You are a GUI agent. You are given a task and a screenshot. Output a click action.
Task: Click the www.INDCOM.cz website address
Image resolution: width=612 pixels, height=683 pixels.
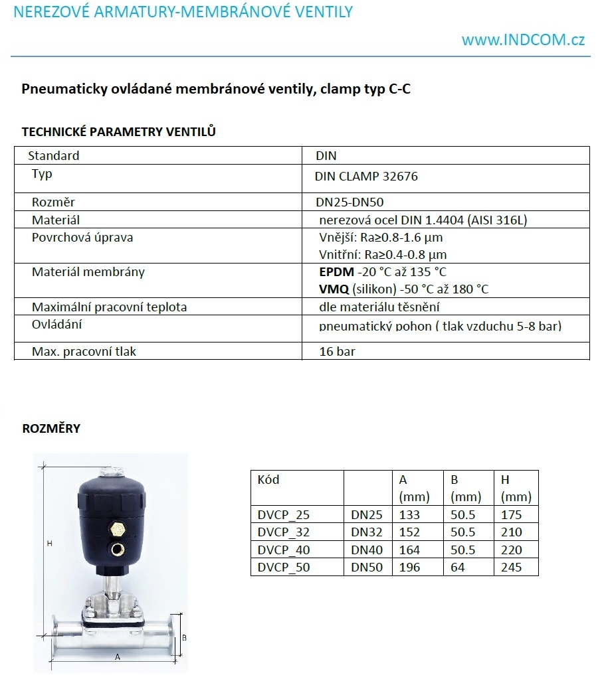pyautogui.click(x=523, y=40)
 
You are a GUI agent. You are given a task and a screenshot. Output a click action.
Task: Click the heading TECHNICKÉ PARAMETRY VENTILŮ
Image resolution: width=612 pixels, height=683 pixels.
pyautogui.click(x=119, y=131)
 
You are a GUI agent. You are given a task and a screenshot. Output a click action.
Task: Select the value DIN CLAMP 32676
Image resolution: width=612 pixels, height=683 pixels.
pyautogui.click(x=366, y=177)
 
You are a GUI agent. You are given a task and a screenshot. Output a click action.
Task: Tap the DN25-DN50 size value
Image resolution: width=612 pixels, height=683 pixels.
pyautogui.click(x=350, y=202)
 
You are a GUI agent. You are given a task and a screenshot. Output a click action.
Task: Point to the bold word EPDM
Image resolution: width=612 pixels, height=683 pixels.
pyautogui.click(x=336, y=272)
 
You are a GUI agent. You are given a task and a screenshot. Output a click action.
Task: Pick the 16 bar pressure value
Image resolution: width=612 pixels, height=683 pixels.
pyautogui.click(x=337, y=352)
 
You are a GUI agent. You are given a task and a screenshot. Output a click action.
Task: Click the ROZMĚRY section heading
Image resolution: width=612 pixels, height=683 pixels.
pyautogui.click(x=51, y=428)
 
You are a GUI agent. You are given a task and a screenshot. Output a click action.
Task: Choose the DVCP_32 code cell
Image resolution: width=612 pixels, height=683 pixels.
pyautogui.click(x=283, y=532)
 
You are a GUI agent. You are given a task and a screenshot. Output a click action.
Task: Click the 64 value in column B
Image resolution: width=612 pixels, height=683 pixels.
pyautogui.click(x=457, y=568)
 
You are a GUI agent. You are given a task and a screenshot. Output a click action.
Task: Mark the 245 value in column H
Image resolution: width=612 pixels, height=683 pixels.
pyautogui.click(x=512, y=568)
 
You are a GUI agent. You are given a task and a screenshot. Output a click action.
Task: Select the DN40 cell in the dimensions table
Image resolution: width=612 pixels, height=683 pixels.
pyautogui.click(x=367, y=550)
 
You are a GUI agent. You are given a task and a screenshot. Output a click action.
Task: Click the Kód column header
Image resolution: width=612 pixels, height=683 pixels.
pyautogui.click(x=268, y=480)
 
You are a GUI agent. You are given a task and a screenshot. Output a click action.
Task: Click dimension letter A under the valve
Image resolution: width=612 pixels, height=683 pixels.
pyautogui.click(x=118, y=656)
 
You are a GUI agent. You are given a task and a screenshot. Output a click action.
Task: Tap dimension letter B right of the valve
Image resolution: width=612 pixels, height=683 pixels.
pyautogui.click(x=184, y=637)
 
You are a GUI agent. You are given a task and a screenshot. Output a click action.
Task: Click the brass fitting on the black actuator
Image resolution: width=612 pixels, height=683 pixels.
pyautogui.click(x=118, y=529)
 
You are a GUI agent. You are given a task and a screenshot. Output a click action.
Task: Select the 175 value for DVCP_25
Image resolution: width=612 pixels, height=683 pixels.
pyautogui.click(x=512, y=515)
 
